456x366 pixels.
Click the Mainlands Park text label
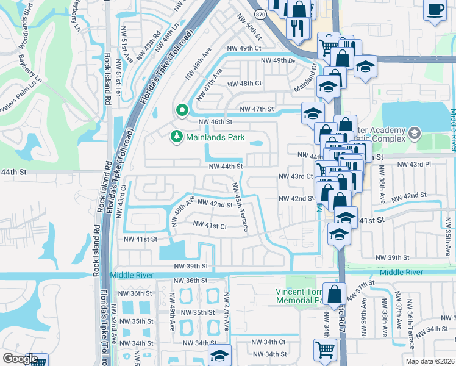tap(215, 138)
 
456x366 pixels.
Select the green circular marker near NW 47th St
tap(181, 110)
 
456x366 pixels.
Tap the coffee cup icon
tap(435, 10)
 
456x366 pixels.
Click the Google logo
tap(20, 359)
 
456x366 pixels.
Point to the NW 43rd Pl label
tap(414, 165)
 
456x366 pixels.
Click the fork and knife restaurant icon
tap(297, 28)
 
